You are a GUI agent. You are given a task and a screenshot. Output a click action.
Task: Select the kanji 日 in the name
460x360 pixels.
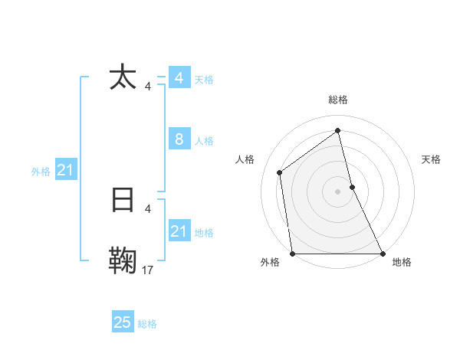[123, 199]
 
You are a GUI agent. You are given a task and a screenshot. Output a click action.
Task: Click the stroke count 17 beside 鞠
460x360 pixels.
[148, 269]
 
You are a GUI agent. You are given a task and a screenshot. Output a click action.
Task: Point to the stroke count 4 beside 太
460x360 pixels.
[148, 86]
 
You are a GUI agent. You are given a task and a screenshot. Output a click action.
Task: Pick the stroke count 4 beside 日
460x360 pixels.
[148, 208]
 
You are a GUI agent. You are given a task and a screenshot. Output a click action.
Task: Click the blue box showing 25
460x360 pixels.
[123, 322]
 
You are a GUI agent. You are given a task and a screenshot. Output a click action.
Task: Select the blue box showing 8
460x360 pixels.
[179, 139]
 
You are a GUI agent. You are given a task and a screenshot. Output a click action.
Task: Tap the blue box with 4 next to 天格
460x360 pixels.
[179, 78]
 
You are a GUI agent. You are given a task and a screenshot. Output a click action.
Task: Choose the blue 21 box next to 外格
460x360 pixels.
[65, 171]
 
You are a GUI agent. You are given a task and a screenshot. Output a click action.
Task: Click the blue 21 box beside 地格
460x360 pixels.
[179, 231]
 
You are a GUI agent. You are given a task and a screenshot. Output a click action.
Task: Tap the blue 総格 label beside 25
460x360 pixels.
[147, 324]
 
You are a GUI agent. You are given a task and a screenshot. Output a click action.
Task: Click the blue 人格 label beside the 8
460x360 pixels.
[204, 141]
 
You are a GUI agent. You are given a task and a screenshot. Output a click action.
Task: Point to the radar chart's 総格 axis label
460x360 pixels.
[338, 100]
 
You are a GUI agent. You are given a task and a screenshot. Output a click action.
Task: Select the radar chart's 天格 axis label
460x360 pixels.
[431, 159]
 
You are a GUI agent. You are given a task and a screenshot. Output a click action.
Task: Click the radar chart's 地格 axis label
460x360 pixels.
[402, 263]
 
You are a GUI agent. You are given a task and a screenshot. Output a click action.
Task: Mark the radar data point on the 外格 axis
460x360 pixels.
[293, 254]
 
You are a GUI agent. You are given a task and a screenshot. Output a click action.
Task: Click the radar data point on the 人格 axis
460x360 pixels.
[280, 172]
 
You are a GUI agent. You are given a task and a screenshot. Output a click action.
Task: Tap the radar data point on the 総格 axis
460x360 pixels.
[338, 130]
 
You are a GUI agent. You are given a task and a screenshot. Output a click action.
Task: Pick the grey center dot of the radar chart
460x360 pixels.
[338, 191]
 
